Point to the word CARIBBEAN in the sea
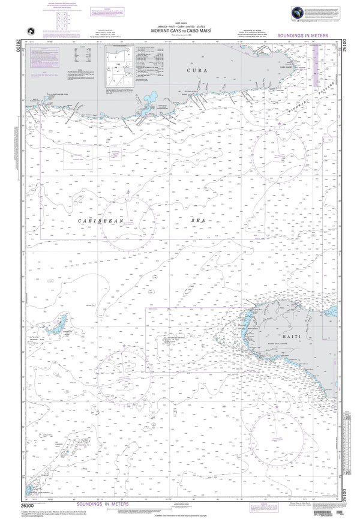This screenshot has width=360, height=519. [x=101, y=221]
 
